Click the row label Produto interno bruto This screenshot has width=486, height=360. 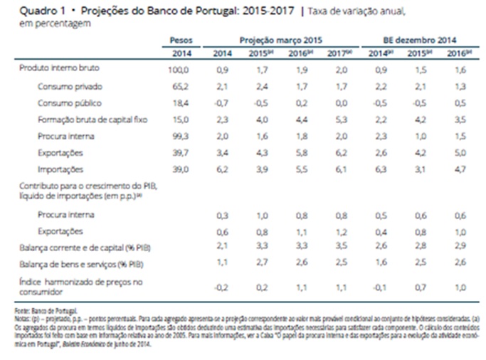click(60, 68)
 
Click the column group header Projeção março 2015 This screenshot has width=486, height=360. click(276, 41)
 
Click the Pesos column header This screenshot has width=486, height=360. click(181, 41)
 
